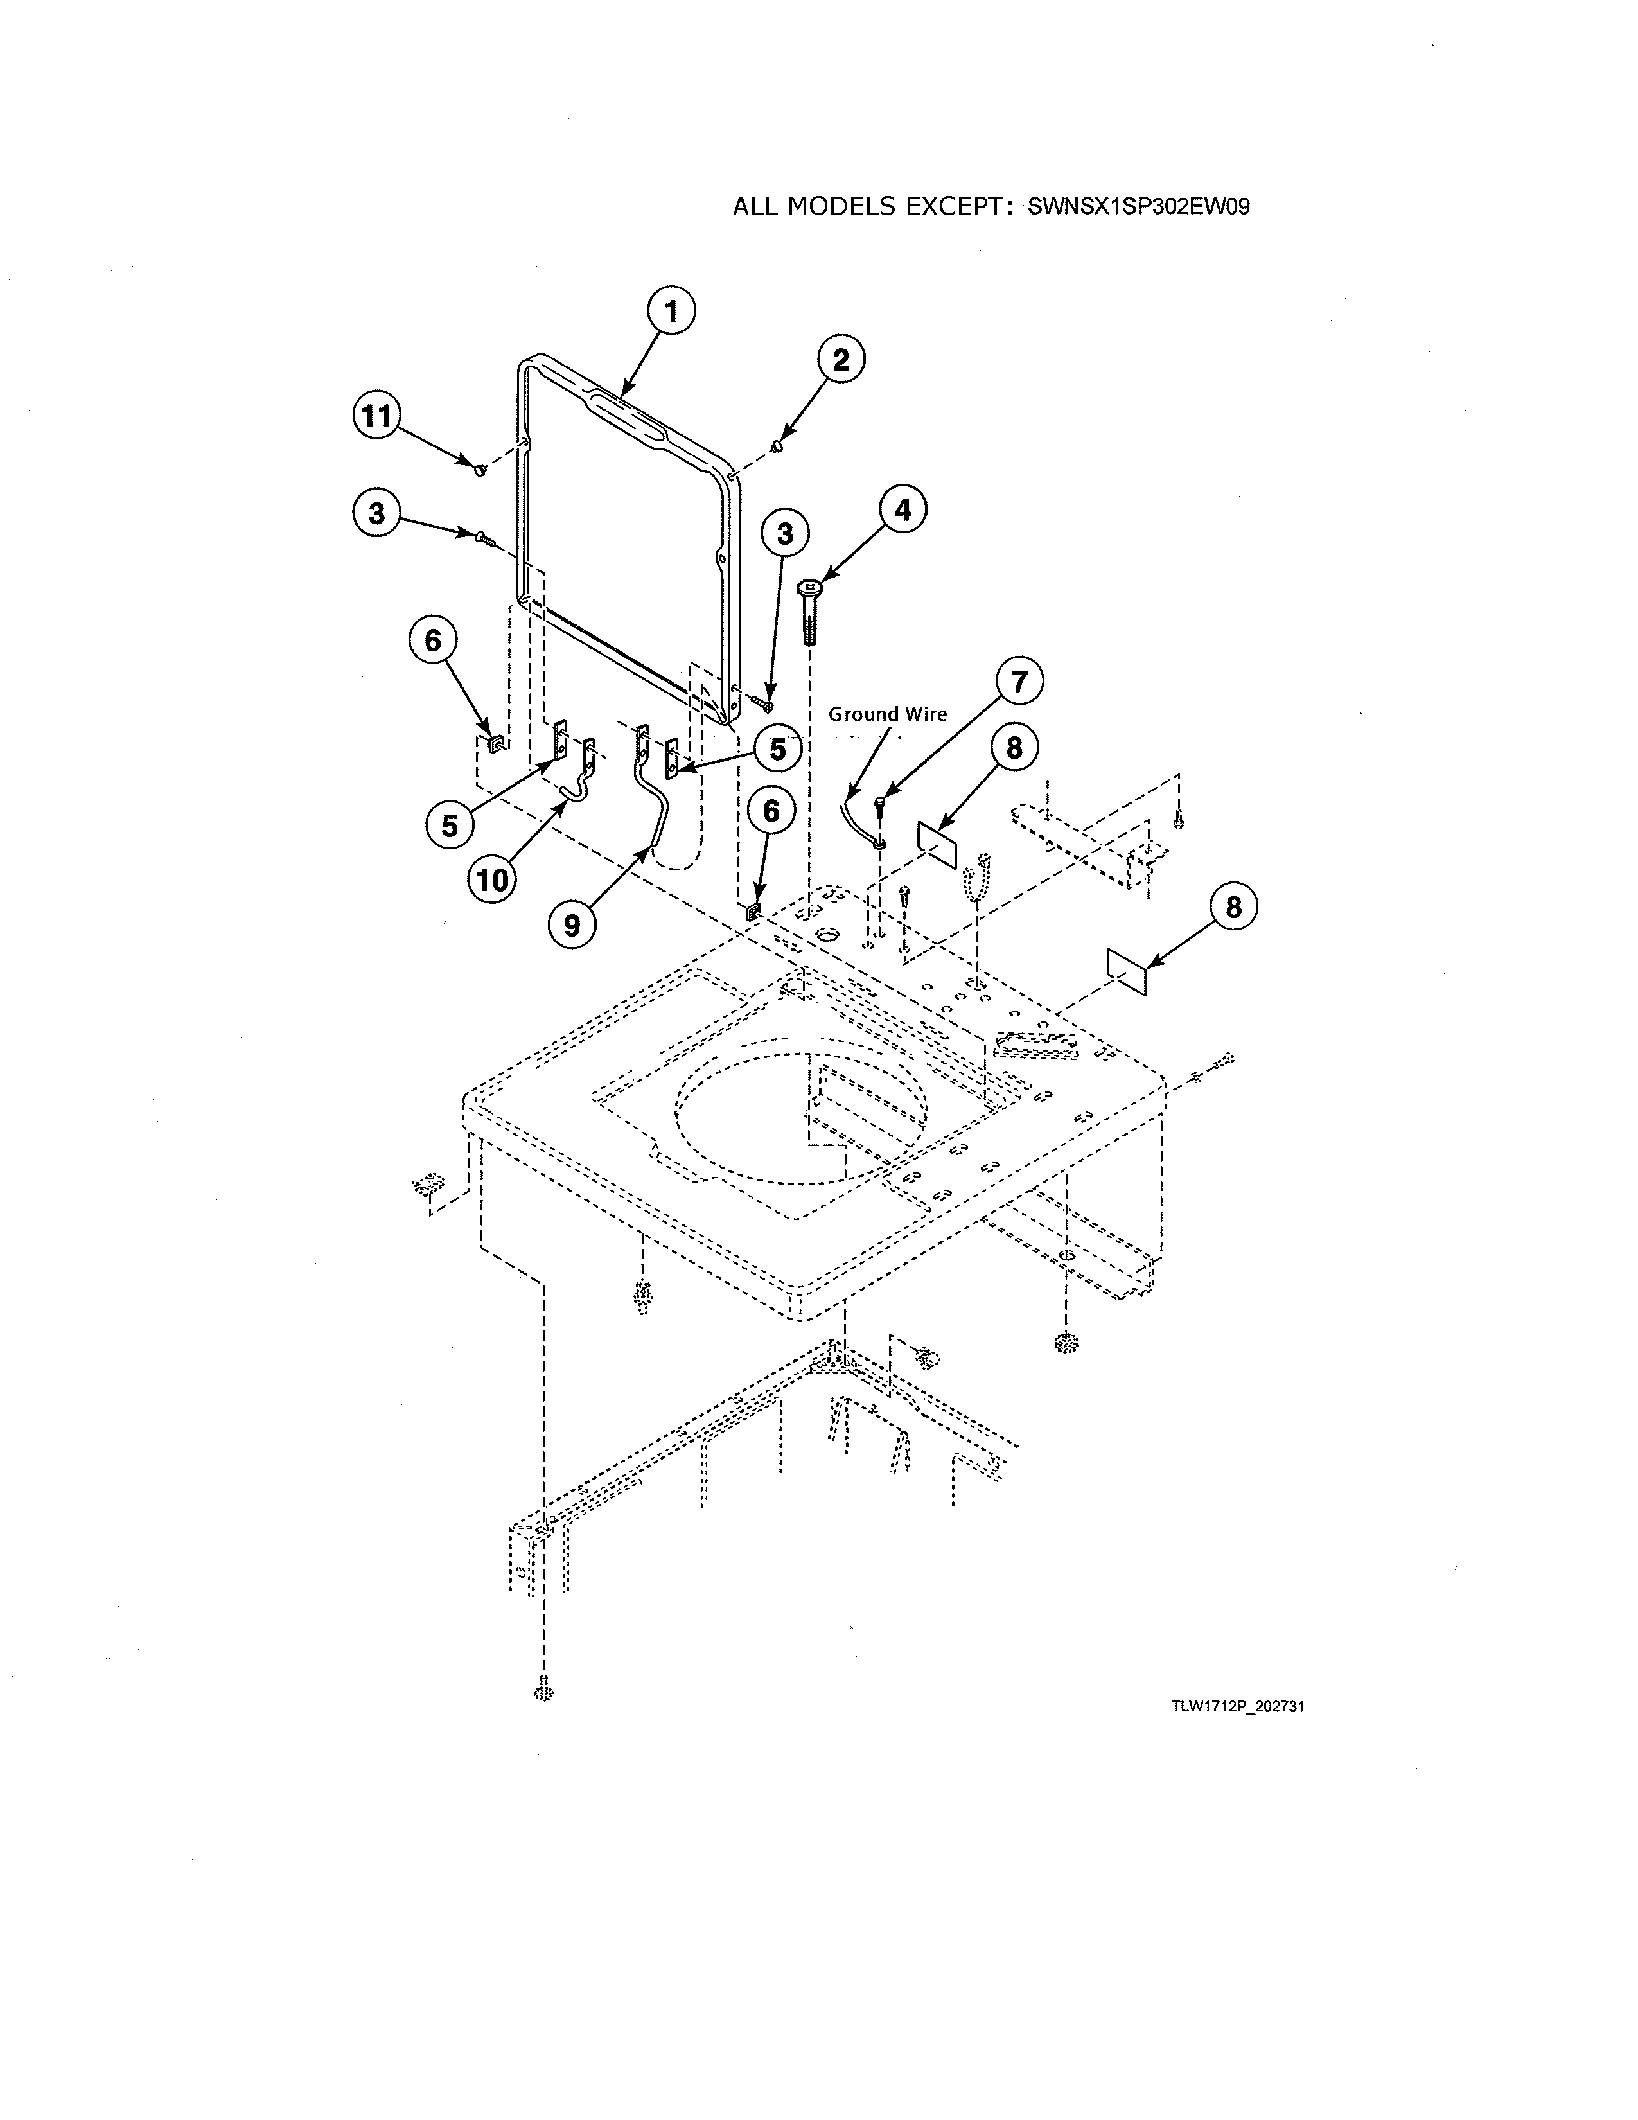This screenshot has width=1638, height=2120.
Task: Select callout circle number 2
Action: click(840, 360)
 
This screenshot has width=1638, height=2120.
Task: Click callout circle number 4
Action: click(903, 509)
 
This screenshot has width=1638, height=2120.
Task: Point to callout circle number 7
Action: click(1018, 682)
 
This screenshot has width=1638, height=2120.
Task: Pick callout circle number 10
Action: click(493, 880)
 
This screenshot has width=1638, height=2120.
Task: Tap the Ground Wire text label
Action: click(887, 714)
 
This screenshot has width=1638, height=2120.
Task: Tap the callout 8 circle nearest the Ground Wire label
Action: click(1014, 748)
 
